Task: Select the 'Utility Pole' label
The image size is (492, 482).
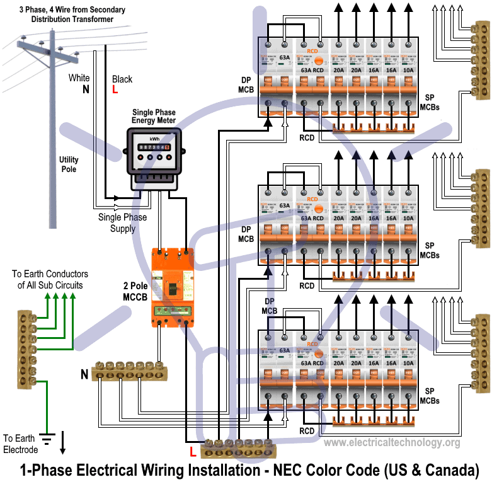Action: point(69,164)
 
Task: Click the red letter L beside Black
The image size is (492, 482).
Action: point(115,89)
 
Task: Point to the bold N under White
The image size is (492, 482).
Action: point(86,89)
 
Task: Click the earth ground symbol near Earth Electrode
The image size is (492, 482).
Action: point(45,437)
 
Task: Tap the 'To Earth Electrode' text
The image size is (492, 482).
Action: point(20,444)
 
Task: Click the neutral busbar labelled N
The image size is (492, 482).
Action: point(129,372)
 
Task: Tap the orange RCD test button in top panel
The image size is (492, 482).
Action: point(318,61)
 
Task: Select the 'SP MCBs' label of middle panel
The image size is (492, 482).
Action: point(430,250)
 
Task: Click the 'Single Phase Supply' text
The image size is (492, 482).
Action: point(122,222)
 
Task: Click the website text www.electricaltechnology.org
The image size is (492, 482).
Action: point(391,443)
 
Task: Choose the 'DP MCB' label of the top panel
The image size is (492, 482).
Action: point(246,85)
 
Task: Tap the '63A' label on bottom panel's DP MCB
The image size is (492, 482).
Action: point(285,350)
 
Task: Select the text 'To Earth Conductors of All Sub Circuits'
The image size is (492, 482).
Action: point(50,280)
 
